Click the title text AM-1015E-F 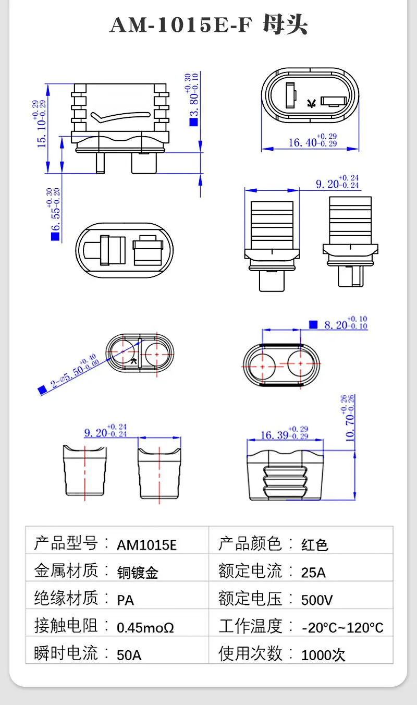[x=180, y=25]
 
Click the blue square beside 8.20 [x=313, y=324]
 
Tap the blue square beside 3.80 [x=193, y=123]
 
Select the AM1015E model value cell [x=146, y=545]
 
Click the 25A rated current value [x=313, y=573]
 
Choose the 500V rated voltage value [x=317, y=600]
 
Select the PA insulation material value [x=125, y=600]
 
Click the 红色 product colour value [x=315, y=545]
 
